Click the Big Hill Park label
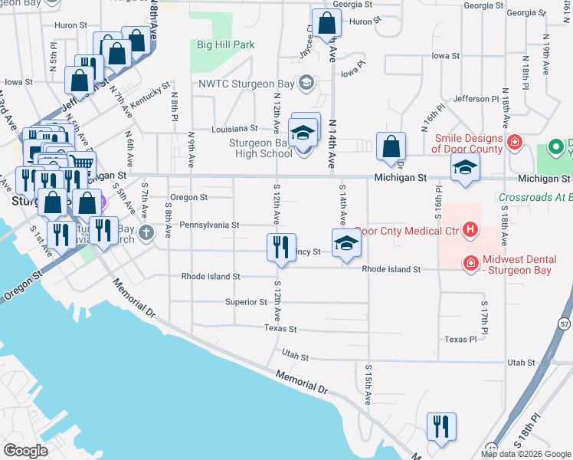click(x=225, y=45)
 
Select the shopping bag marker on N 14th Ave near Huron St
click(x=326, y=25)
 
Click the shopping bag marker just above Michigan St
click(x=391, y=147)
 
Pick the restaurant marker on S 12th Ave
click(x=281, y=248)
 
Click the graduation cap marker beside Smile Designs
click(x=464, y=169)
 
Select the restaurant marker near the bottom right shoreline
click(x=441, y=428)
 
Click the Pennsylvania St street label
click(x=210, y=225)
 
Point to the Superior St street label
click(x=246, y=302)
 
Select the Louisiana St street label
click(x=235, y=128)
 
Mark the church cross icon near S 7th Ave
click(x=146, y=231)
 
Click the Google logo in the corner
click(x=25, y=451)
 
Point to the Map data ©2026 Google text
click(x=526, y=454)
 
